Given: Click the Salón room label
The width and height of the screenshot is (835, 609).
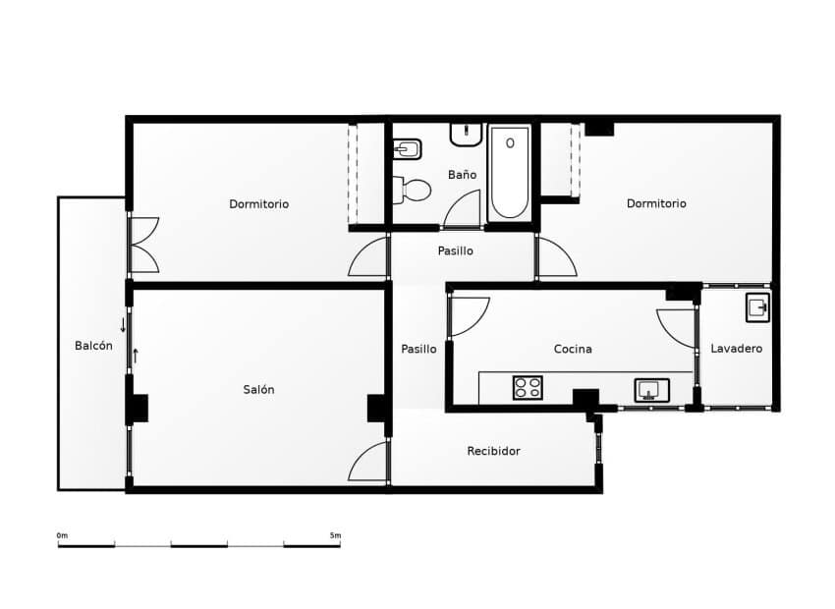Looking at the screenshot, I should (258, 390).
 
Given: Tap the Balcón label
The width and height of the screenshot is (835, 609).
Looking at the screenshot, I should (93, 346).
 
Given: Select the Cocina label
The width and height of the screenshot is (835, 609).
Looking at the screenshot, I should (573, 349).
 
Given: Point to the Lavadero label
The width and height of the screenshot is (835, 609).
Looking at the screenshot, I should (736, 349).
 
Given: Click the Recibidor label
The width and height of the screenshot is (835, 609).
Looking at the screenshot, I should (493, 451).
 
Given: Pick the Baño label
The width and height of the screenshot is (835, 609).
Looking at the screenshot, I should (462, 175).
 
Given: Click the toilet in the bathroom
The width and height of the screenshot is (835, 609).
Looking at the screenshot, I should (414, 189).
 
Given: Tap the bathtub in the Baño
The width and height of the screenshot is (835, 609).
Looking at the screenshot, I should (509, 173).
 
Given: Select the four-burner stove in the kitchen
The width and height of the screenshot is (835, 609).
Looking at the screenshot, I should (528, 388).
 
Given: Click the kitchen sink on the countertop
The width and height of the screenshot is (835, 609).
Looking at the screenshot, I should (650, 390).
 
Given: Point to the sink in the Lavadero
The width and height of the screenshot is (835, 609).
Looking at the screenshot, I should (756, 307).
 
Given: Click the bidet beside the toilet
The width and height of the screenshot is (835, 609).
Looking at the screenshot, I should (407, 149).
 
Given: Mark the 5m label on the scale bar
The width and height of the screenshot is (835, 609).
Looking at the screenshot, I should (335, 535).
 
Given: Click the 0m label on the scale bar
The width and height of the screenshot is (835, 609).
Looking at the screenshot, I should (62, 535).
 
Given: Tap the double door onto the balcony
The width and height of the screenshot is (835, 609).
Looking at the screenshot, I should (143, 245).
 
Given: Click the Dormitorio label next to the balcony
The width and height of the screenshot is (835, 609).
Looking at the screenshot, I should (258, 204).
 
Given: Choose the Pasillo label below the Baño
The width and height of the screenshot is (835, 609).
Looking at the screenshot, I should (455, 250).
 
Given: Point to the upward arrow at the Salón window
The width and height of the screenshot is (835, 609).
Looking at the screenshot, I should (136, 355).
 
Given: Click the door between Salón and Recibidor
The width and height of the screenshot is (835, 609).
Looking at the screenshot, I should (370, 462).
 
